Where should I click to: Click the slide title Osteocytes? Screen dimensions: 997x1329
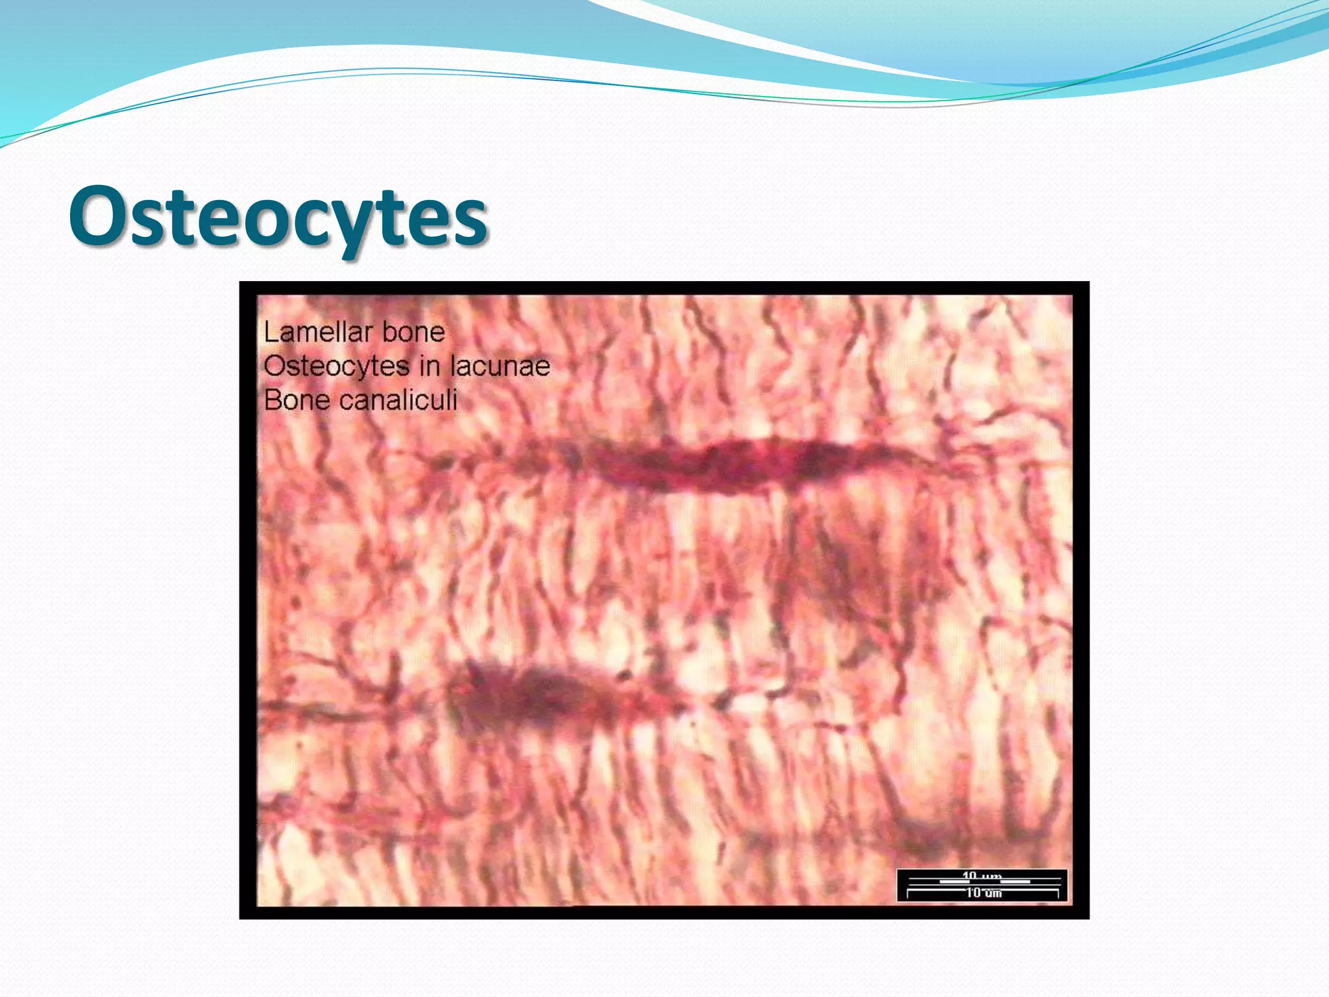pos(278,217)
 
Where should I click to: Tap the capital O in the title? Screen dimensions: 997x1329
pos(97,216)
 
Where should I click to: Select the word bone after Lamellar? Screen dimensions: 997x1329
pos(413,332)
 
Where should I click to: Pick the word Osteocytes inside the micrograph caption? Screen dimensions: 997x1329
pos(336,366)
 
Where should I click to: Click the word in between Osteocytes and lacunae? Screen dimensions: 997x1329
pos(429,366)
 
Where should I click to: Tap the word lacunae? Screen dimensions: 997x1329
pos(500,366)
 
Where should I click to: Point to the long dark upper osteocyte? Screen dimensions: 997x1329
pos(727,464)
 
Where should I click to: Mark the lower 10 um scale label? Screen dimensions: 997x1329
pos(983,893)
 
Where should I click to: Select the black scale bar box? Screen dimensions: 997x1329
pos(982,885)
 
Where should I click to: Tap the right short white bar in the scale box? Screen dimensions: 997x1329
pos(1014,881)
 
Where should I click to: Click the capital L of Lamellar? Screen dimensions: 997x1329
pos(270,332)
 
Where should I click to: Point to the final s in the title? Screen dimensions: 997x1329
pos(470,221)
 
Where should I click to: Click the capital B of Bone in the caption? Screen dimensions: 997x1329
pos(272,400)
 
